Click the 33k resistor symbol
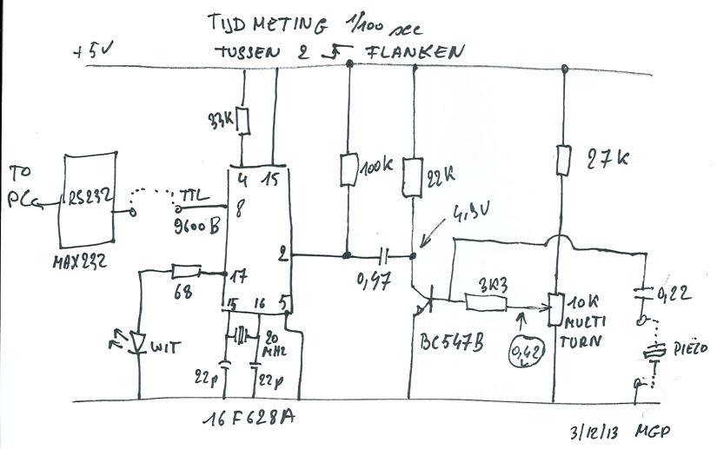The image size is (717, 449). coord(244,122)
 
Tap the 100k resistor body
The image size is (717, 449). coord(349,170)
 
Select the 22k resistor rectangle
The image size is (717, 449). coord(412,177)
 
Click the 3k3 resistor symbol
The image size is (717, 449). coord(487,302)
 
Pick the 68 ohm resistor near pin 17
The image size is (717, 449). coord(187,272)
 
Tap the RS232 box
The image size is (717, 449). coord(89,200)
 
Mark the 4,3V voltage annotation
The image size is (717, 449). coord(471,212)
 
